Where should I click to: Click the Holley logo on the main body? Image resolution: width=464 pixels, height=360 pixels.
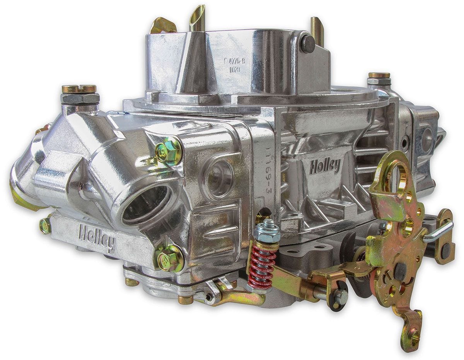point(324,166)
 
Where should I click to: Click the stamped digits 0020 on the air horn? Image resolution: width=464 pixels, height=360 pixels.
point(235,70)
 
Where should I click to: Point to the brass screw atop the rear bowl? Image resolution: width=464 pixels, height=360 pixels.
point(379,75)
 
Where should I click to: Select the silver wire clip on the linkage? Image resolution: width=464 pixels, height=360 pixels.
point(439,232)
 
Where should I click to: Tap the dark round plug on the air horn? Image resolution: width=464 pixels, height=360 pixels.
point(308,44)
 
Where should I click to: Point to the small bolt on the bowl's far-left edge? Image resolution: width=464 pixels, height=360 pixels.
point(44,226)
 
